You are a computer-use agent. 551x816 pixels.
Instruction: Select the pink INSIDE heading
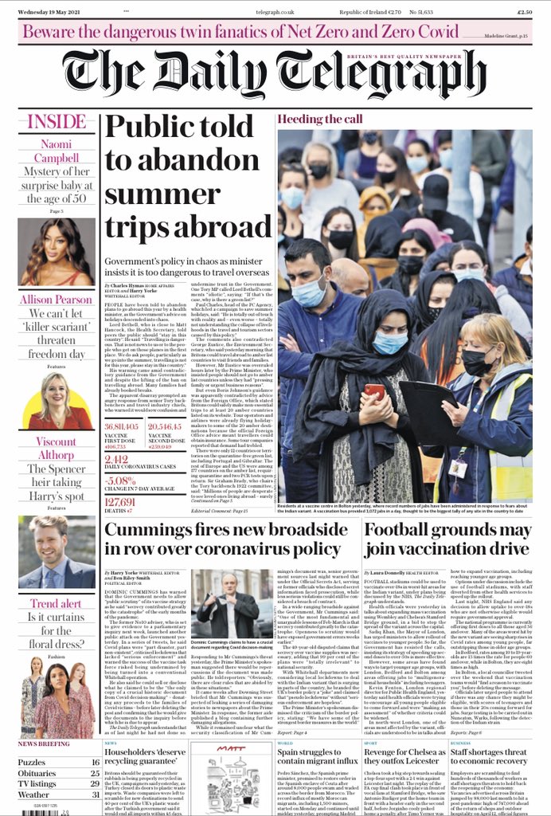point(57,122)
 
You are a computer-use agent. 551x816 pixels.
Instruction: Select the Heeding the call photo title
point(321,119)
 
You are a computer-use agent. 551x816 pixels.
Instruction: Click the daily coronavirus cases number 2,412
point(116,459)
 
